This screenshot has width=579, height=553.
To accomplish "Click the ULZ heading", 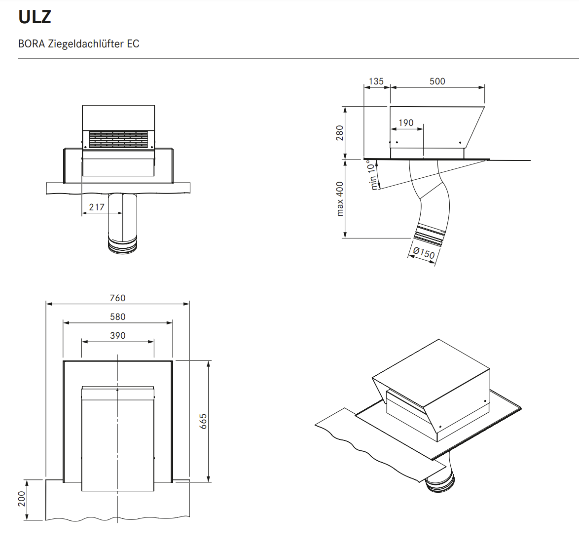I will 35,17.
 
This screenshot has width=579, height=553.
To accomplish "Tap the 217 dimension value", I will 97,207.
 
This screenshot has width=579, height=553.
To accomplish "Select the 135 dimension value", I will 376,81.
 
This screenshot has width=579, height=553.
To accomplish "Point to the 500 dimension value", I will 437,81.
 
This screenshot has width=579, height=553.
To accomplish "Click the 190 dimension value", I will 406,123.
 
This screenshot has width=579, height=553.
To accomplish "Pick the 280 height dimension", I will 340,133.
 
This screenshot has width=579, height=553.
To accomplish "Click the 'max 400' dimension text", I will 340,199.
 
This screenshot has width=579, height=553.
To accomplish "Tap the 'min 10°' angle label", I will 373,175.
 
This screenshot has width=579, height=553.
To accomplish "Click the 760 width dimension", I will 117,298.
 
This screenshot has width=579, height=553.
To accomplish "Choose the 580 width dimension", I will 117,317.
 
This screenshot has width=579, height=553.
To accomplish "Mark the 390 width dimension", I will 117,336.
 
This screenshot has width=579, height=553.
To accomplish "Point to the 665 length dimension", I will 203,421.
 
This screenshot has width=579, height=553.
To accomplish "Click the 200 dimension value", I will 21,499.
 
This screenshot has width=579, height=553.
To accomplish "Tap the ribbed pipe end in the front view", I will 122,245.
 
